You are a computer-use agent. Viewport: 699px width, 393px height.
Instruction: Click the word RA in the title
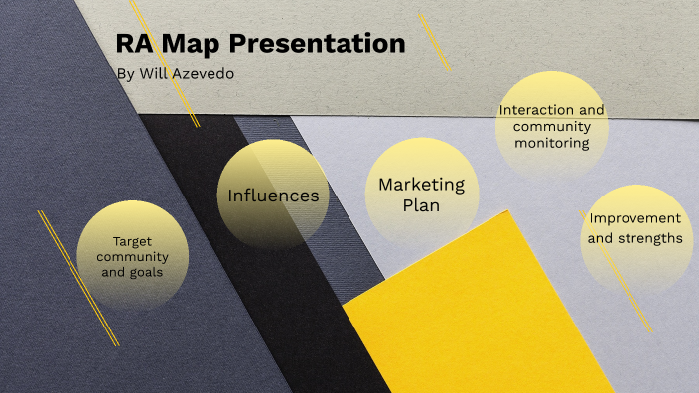pos(135,45)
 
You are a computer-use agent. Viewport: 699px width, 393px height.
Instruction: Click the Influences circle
pos(273,195)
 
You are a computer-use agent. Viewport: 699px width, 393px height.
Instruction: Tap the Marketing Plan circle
pos(421,194)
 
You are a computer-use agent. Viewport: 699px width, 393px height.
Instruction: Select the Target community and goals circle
pos(132,256)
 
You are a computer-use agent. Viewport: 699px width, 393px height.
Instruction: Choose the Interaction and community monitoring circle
pos(551,125)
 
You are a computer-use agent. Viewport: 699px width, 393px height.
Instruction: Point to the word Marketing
pos(421,185)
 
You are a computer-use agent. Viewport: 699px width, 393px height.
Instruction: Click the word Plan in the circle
pos(421,205)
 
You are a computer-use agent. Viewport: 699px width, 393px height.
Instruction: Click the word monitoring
pos(552,143)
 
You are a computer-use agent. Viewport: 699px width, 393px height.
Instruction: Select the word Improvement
pos(634,218)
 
